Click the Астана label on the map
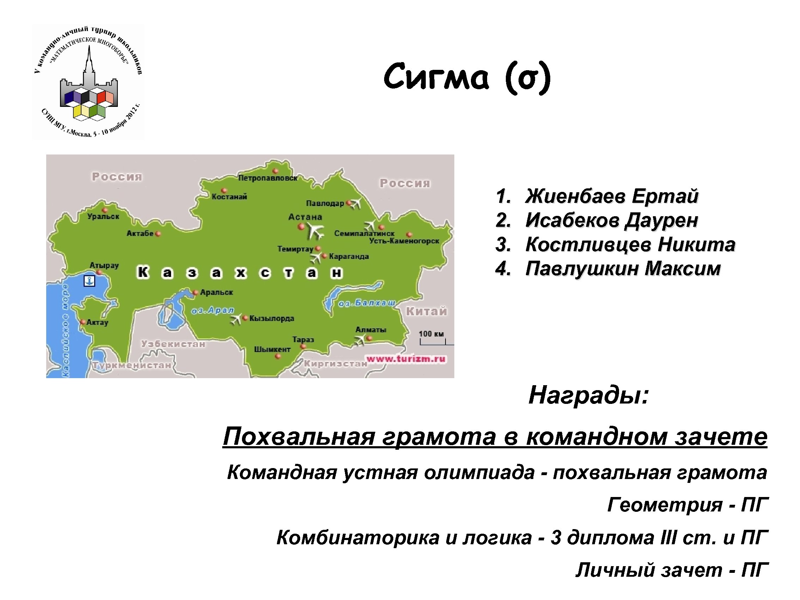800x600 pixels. pos(305,217)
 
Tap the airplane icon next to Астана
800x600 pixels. pos(315,231)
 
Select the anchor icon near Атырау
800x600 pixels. pos(89,281)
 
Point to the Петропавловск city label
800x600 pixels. pos(267,178)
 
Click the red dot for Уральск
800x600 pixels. pos(105,210)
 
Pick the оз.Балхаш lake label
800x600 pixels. pos(366,303)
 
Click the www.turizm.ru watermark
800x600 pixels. pos(406,359)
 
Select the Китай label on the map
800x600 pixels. pos(426,311)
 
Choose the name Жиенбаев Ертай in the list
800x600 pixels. pos(611,196)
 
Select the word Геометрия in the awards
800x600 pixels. pos(665,504)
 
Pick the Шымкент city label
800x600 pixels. pos(272,349)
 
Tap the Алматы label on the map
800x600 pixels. pos(371,330)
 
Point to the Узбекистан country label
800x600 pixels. pos(173,344)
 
